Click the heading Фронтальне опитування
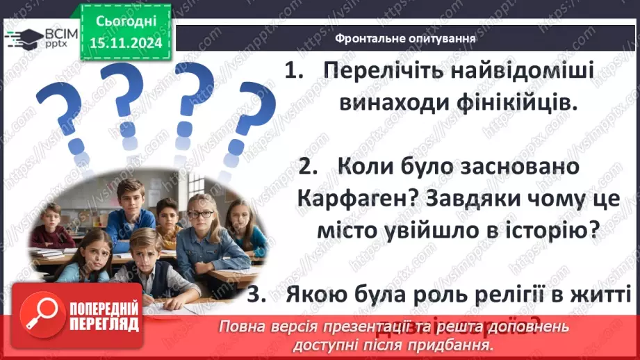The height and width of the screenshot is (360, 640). click(x=405, y=39)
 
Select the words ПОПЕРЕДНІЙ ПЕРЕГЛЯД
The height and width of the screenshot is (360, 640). click(x=104, y=316)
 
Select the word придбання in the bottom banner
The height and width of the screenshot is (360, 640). click(x=458, y=345)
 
